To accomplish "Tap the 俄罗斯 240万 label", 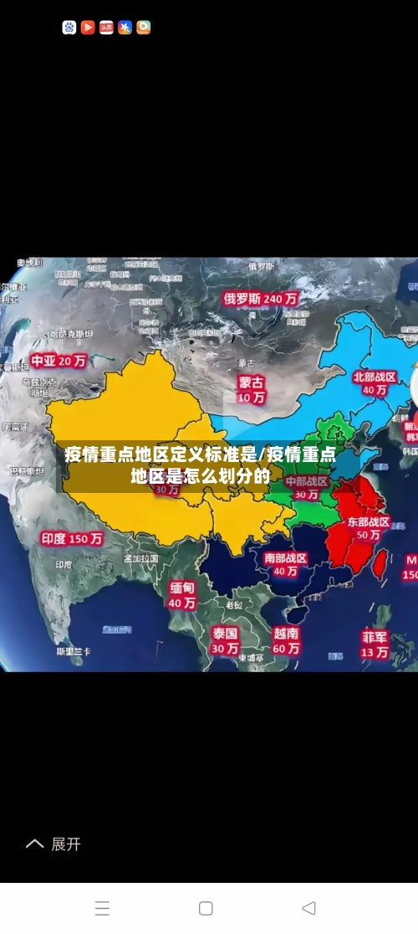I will coord(261,297).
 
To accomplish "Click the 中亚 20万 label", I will coord(59,362).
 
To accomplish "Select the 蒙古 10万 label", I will coord(251,389).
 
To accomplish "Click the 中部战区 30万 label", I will coord(306,488).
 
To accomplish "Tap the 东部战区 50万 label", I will coord(369,528).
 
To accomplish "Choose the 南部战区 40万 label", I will coord(286,564).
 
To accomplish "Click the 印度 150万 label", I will coord(73,539).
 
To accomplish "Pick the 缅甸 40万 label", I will coord(182,595).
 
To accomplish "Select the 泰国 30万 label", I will coord(225,640).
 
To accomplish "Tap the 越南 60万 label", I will coord(286,641).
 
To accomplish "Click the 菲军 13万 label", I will coord(375,644).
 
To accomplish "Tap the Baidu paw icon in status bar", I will coord(69,28).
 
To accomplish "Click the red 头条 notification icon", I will coord(106,28).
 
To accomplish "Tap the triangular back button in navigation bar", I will coord(308,908).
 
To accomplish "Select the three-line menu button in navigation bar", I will coord(102,908).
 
